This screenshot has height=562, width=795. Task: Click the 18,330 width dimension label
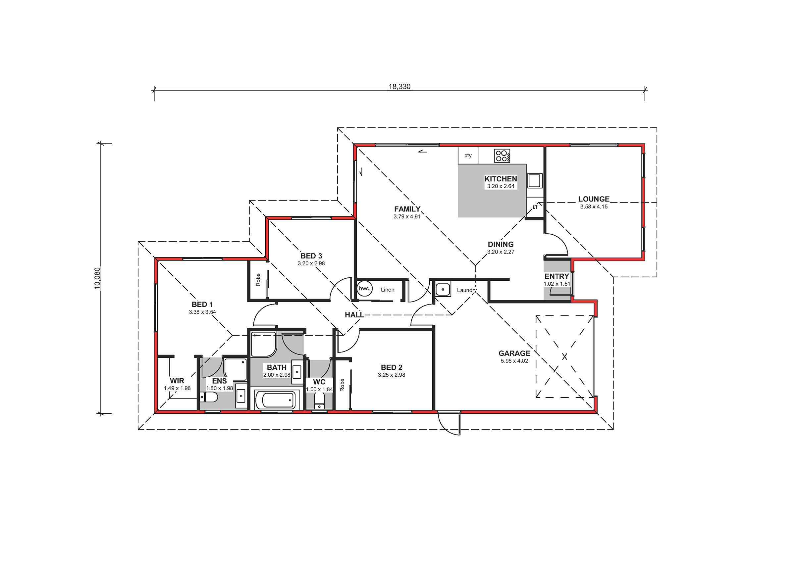(399, 86)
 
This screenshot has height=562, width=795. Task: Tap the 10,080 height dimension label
(97, 278)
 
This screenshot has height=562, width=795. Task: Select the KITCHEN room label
(501, 179)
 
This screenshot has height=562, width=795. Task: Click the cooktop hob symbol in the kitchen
(502, 156)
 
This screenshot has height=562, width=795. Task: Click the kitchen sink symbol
(535, 181)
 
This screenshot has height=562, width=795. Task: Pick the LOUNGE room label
(594, 199)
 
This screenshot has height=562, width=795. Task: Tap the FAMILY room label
(407, 209)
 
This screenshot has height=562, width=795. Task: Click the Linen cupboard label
(388, 290)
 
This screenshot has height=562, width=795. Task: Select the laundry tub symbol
(443, 289)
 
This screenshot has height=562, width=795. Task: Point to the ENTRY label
(557, 276)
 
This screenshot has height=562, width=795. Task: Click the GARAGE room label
(514, 353)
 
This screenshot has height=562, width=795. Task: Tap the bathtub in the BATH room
(277, 400)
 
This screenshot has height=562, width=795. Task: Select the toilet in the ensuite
(209, 397)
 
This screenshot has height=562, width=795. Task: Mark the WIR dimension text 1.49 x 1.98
(177, 388)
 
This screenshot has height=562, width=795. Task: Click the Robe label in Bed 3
(258, 280)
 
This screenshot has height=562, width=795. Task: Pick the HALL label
(354, 315)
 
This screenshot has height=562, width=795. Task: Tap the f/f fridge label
(535, 207)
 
